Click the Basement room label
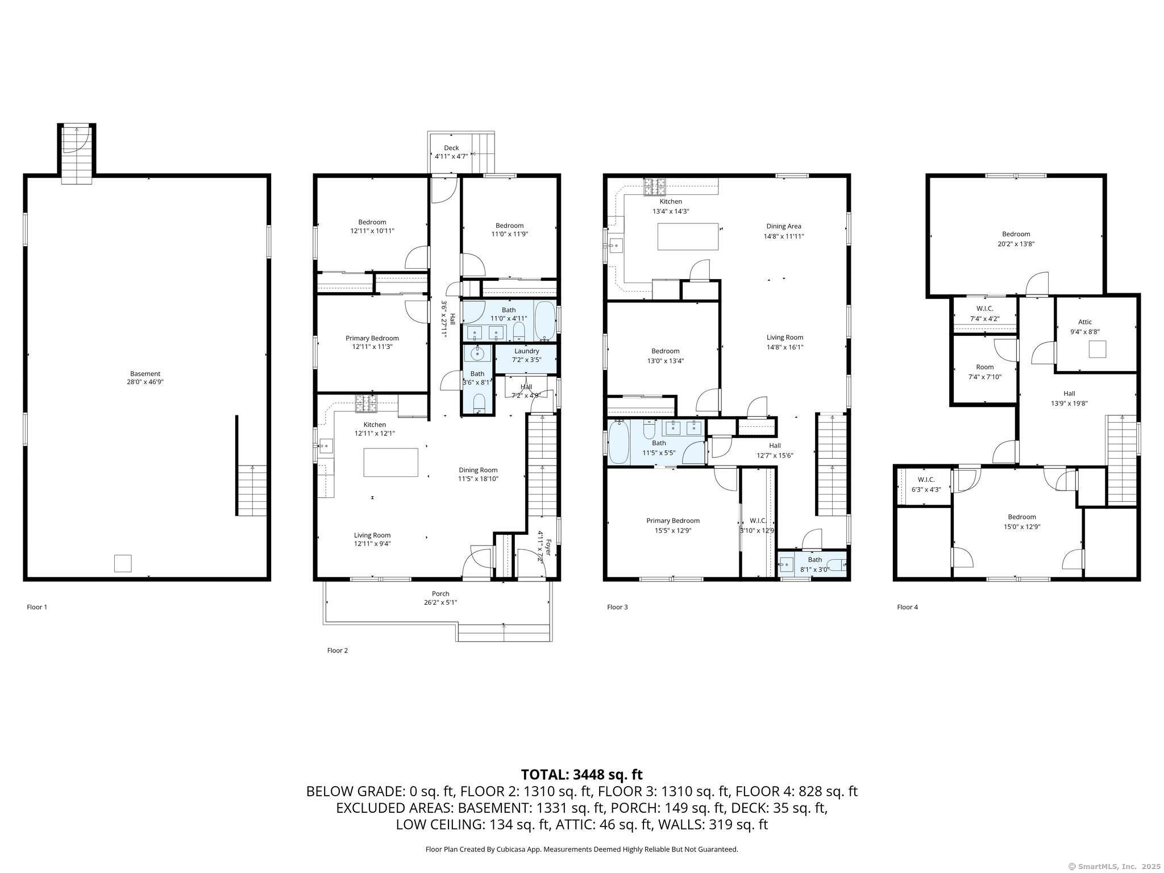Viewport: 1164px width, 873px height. (x=145, y=373)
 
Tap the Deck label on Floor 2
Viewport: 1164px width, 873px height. (x=451, y=148)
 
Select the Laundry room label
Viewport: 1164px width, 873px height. (x=527, y=351)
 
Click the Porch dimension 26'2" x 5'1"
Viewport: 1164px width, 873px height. (x=440, y=602)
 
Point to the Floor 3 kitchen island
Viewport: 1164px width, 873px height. (x=688, y=236)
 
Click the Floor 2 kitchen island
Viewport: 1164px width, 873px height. (x=391, y=462)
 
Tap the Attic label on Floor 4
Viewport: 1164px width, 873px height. (x=1085, y=322)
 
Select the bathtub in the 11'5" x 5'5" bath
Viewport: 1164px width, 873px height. (x=619, y=442)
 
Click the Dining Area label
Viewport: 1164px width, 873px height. (x=784, y=226)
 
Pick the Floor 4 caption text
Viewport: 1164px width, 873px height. (x=907, y=607)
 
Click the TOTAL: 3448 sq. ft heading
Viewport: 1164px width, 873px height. (x=581, y=775)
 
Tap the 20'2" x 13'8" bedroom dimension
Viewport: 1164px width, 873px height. (x=1016, y=244)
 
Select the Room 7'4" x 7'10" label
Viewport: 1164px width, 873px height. (x=985, y=372)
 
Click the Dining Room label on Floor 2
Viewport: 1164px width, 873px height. (x=478, y=470)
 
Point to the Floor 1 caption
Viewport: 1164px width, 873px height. (x=37, y=607)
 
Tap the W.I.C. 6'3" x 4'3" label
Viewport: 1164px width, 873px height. (x=926, y=484)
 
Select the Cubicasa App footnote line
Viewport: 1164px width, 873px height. (x=581, y=849)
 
